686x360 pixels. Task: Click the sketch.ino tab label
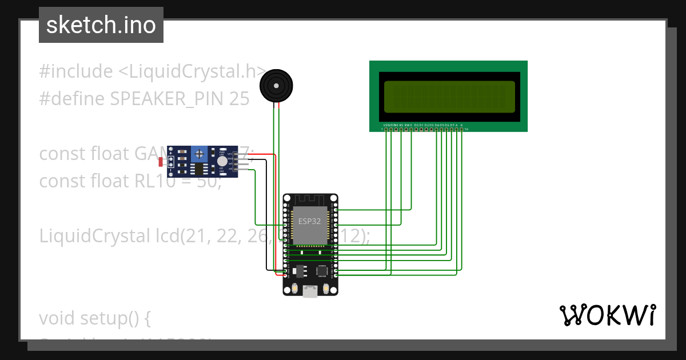[101, 25]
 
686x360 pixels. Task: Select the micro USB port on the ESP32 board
[310, 292]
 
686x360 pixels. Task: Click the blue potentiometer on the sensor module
[199, 153]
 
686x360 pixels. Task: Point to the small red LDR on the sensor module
[163, 163]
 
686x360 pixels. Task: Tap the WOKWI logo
[607, 315]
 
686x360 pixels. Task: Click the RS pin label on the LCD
[401, 125]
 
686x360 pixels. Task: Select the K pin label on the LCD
[461, 125]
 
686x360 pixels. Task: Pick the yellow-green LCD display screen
[449, 97]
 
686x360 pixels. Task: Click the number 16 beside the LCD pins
[466, 129]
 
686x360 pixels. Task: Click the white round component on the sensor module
[222, 162]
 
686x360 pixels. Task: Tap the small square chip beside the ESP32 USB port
[322, 271]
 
